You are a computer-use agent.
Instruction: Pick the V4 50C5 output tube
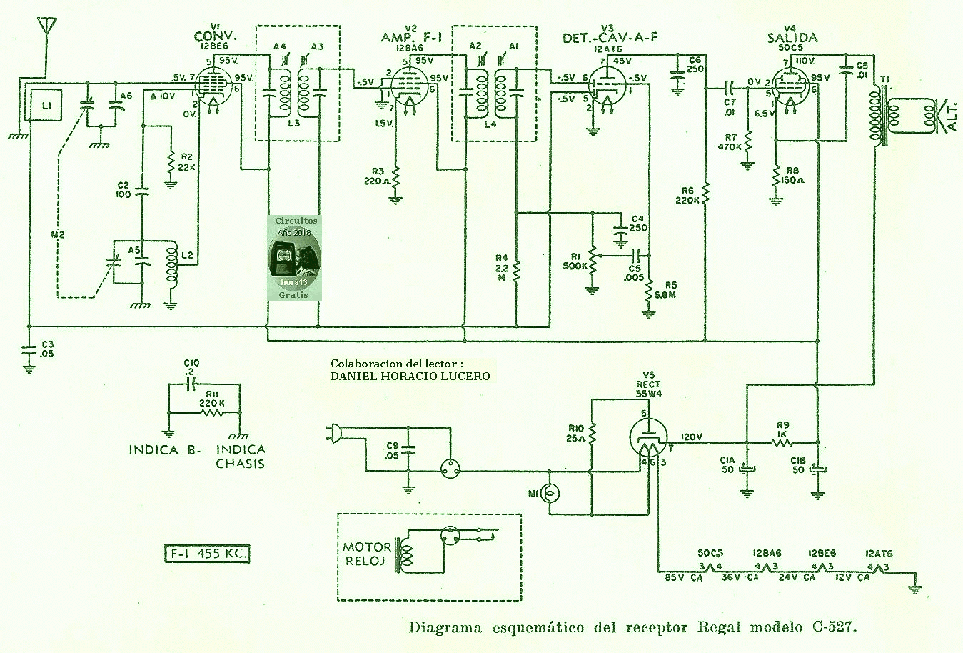coord(792,89)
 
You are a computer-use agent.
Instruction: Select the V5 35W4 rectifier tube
coord(649,438)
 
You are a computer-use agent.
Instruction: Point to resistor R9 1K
coord(783,443)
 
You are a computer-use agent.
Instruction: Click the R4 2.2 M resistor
coord(516,269)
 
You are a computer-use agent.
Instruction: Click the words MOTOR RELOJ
coord(367,554)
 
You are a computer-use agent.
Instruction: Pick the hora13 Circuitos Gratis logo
coord(293,258)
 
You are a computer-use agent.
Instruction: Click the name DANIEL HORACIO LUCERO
coord(410,376)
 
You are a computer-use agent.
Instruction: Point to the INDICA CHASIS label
coord(241,456)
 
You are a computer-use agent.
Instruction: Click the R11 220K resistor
coord(212,413)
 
